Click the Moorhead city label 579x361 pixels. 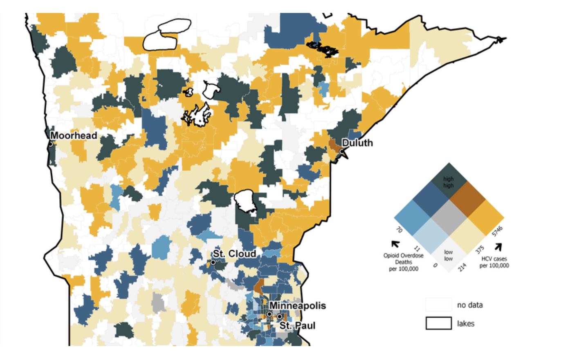coord(74,135)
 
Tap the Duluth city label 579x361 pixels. coord(357,143)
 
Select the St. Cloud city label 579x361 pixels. coord(234,254)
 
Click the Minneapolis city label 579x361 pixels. coord(297,306)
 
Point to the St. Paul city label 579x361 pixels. coord(297,326)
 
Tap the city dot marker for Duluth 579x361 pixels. coord(342,151)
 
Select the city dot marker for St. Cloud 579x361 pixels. coord(213,262)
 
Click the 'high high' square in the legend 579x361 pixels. coord(449,181)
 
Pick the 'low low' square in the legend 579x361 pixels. coord(449,255)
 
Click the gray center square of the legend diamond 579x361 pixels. coord(449,218)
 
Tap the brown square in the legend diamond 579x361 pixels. coord(467,200)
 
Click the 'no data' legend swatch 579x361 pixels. coord(438,305)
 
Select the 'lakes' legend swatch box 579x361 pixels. coord(438,323)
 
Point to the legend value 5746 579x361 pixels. coord(497,231)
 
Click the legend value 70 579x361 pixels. coord(399,230)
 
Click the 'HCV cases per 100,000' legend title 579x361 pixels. coord(494,262)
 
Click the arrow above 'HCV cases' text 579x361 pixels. coord(498,247)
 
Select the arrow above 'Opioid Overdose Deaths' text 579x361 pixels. coord(395,244)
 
